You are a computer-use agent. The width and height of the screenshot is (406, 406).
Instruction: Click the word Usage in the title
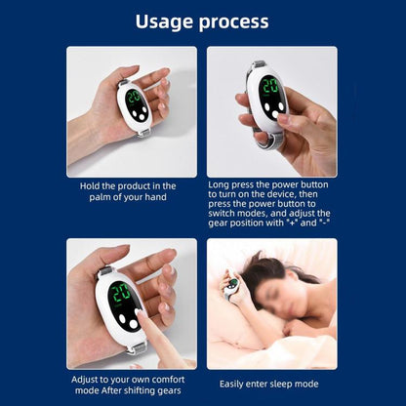166,20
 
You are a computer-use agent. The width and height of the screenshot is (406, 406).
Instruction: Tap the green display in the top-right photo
267,86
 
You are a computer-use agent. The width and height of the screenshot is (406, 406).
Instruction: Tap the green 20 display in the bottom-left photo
122,293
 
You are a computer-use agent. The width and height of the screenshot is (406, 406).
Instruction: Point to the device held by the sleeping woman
232,285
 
